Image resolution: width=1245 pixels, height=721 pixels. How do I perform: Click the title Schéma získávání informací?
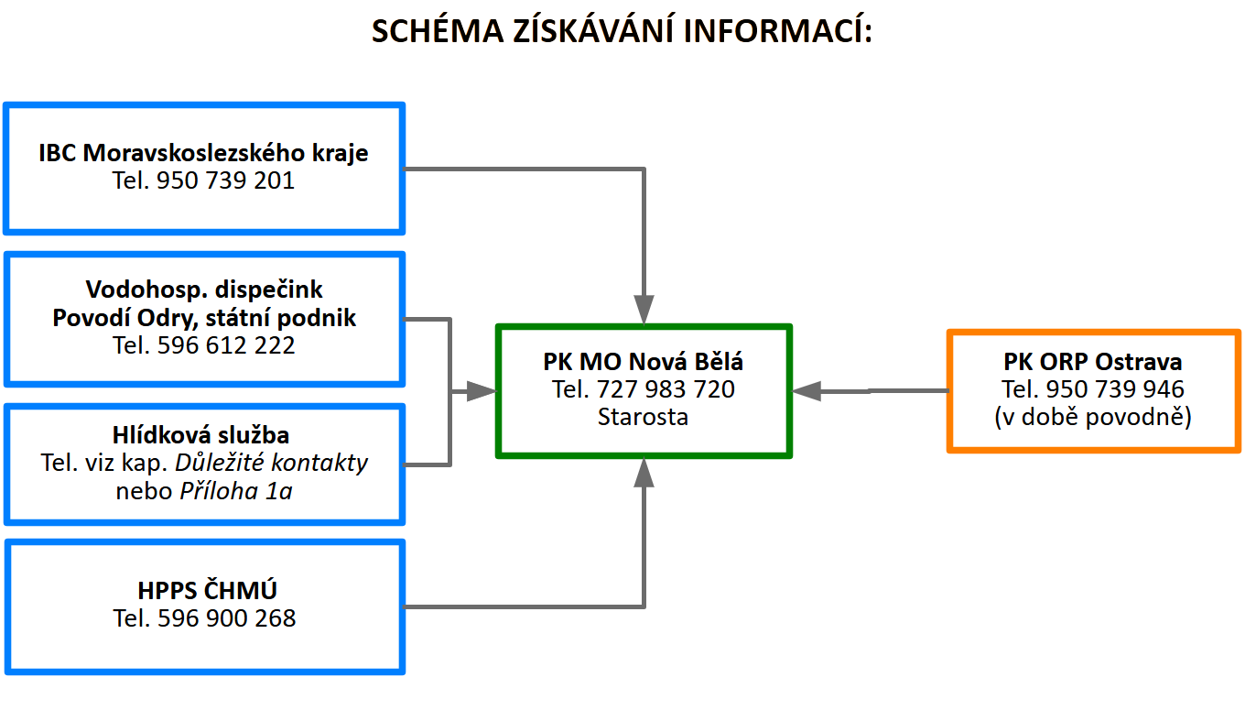coord(622,30)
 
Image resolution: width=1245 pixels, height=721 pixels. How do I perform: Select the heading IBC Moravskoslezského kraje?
coord(203,152)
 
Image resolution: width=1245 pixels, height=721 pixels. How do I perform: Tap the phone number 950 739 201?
coord(225,180)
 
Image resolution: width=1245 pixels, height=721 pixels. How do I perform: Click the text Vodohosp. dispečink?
coord(204,289)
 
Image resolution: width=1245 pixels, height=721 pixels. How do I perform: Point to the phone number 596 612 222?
coord(226,345)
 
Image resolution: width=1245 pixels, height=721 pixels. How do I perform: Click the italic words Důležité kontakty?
coord(272,463)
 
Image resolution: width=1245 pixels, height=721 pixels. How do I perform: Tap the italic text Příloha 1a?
coord(235,490)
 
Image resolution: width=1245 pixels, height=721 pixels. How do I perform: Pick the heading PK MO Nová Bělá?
coord(643,362)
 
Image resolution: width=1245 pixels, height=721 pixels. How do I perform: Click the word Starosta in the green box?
coord(643,417)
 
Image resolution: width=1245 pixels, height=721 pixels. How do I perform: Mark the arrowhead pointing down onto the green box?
coord(644,309)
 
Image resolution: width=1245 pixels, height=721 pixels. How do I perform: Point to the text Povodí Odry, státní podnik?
coord(204,318)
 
